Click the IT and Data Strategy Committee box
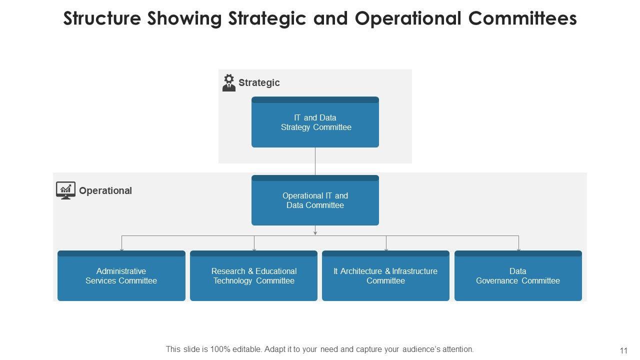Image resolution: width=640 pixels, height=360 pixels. [x=315, y=122]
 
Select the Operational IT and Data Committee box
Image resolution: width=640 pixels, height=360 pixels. [x=315, y=200]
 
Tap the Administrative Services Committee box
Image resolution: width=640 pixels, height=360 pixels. [x=121, y=276]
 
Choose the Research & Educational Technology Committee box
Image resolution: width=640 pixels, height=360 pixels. [x=253, y=276]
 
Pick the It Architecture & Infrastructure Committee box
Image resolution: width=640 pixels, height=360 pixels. [x=385, y=276]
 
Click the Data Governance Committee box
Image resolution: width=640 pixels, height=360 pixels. [x=518, y=276]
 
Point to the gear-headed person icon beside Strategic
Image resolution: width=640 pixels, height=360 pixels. [x=229, y=82]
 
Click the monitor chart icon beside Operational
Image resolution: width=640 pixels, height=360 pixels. [x=65, y=190]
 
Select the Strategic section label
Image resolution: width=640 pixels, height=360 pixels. [x=259, y=82]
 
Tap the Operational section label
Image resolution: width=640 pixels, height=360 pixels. [x=105, y=190]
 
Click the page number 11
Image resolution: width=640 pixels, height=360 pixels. [x=623, y=350]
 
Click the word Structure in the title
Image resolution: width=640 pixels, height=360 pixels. [x=102, y=18]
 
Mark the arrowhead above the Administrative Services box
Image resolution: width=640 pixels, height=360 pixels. [x=121, y=248]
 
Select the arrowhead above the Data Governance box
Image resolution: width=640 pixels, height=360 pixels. [x=518, y=248]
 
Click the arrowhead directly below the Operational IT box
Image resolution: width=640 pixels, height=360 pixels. [x=315, y=232]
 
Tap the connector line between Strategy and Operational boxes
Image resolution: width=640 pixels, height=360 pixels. [x=315, y=161]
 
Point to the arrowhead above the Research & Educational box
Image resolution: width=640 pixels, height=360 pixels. [x=254, y=248]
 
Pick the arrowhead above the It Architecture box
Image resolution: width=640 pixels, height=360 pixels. [x=386, y=248]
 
